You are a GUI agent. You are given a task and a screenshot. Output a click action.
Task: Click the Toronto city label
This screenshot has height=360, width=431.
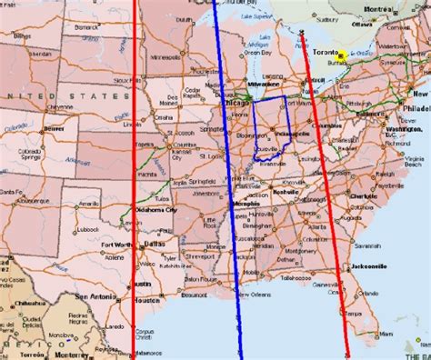tap(319, 52)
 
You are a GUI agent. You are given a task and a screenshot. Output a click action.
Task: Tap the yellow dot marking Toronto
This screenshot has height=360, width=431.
tap(340, 55)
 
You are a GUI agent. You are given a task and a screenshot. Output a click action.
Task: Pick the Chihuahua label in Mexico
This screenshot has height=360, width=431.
tap(28, 303)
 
